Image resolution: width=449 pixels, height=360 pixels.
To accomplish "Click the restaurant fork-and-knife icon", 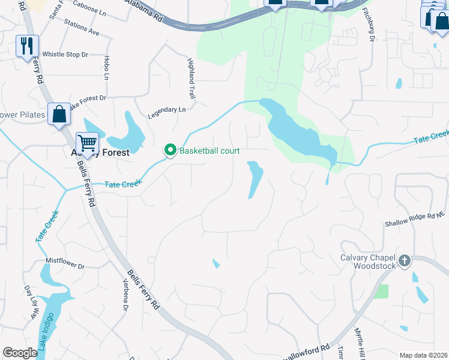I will (27, 46).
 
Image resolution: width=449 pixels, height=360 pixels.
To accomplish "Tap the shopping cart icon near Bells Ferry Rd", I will (88, 143).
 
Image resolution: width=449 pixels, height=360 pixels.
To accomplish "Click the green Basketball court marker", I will (170, 150).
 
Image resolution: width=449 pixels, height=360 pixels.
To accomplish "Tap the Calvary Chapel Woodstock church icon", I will (405, 260).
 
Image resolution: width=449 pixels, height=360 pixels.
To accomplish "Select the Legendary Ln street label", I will (167, 110).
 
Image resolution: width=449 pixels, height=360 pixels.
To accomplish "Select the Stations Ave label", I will (85, 28).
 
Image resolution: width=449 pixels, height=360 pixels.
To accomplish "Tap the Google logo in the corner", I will (20, 353).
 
